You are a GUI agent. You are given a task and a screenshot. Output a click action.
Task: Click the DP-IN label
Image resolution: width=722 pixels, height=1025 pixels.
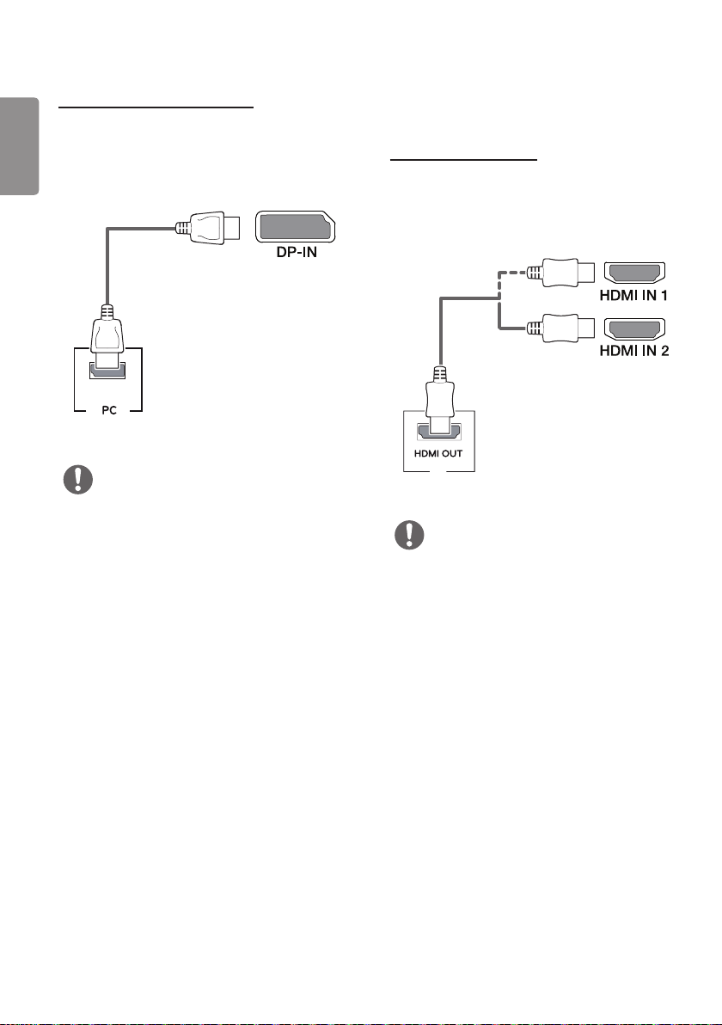point(297,252)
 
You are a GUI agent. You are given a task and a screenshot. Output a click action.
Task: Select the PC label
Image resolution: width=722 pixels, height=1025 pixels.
point(109,410)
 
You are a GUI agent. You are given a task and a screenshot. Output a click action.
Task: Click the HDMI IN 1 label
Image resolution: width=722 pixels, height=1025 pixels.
point(633,296)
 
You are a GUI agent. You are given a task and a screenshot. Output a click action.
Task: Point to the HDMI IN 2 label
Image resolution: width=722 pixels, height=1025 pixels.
point(634,351)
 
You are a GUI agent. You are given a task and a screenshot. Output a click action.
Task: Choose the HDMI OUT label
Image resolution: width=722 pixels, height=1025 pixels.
point(438,453)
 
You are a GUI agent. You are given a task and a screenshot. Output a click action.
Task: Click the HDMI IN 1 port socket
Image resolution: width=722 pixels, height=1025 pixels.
point(634,272)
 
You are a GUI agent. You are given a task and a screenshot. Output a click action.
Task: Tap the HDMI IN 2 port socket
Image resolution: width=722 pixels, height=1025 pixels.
point(634,328)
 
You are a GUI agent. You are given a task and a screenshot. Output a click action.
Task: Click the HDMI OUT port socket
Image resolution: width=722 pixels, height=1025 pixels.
point(438,433)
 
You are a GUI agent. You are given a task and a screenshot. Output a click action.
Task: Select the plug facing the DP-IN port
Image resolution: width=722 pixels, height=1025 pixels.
point(208,228)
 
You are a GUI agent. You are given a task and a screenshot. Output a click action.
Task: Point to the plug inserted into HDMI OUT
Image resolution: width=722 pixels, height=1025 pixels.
point(439,399)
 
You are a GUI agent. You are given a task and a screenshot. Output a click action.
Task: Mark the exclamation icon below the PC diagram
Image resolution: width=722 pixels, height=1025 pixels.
point(77,480)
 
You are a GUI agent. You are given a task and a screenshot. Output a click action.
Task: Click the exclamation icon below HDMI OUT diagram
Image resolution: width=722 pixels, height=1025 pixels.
point(410,536)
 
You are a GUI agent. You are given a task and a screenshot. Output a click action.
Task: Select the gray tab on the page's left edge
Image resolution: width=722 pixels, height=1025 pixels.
point(19,146)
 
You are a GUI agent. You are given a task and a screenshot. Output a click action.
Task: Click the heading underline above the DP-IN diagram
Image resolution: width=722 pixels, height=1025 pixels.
point(156,107)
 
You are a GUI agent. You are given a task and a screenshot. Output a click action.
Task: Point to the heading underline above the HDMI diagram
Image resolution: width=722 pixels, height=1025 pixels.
point(463,159)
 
